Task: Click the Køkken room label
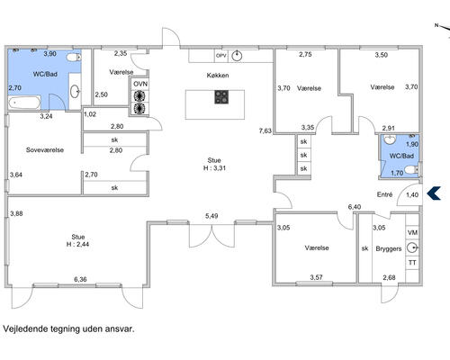[218, 76]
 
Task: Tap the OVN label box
[140, 84]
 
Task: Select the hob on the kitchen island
[221, 97]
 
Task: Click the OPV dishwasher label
[221, 56]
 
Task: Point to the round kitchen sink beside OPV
[237, 56]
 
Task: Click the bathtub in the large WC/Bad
[24, 103]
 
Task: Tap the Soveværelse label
[45, 150]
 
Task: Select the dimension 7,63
[265, 130]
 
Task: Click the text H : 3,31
[214, 168]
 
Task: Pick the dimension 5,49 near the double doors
[211, 216]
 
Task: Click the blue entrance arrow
[434, 193]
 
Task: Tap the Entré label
[384, 194]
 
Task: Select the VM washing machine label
[412, 233]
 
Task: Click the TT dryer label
[412, 263]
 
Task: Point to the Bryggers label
[389, 248]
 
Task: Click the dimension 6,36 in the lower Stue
[80, 279]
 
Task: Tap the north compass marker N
[436, 25]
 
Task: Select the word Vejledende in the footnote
[25, 328]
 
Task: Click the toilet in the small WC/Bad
[411, 171]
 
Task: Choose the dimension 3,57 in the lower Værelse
[317, 277]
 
